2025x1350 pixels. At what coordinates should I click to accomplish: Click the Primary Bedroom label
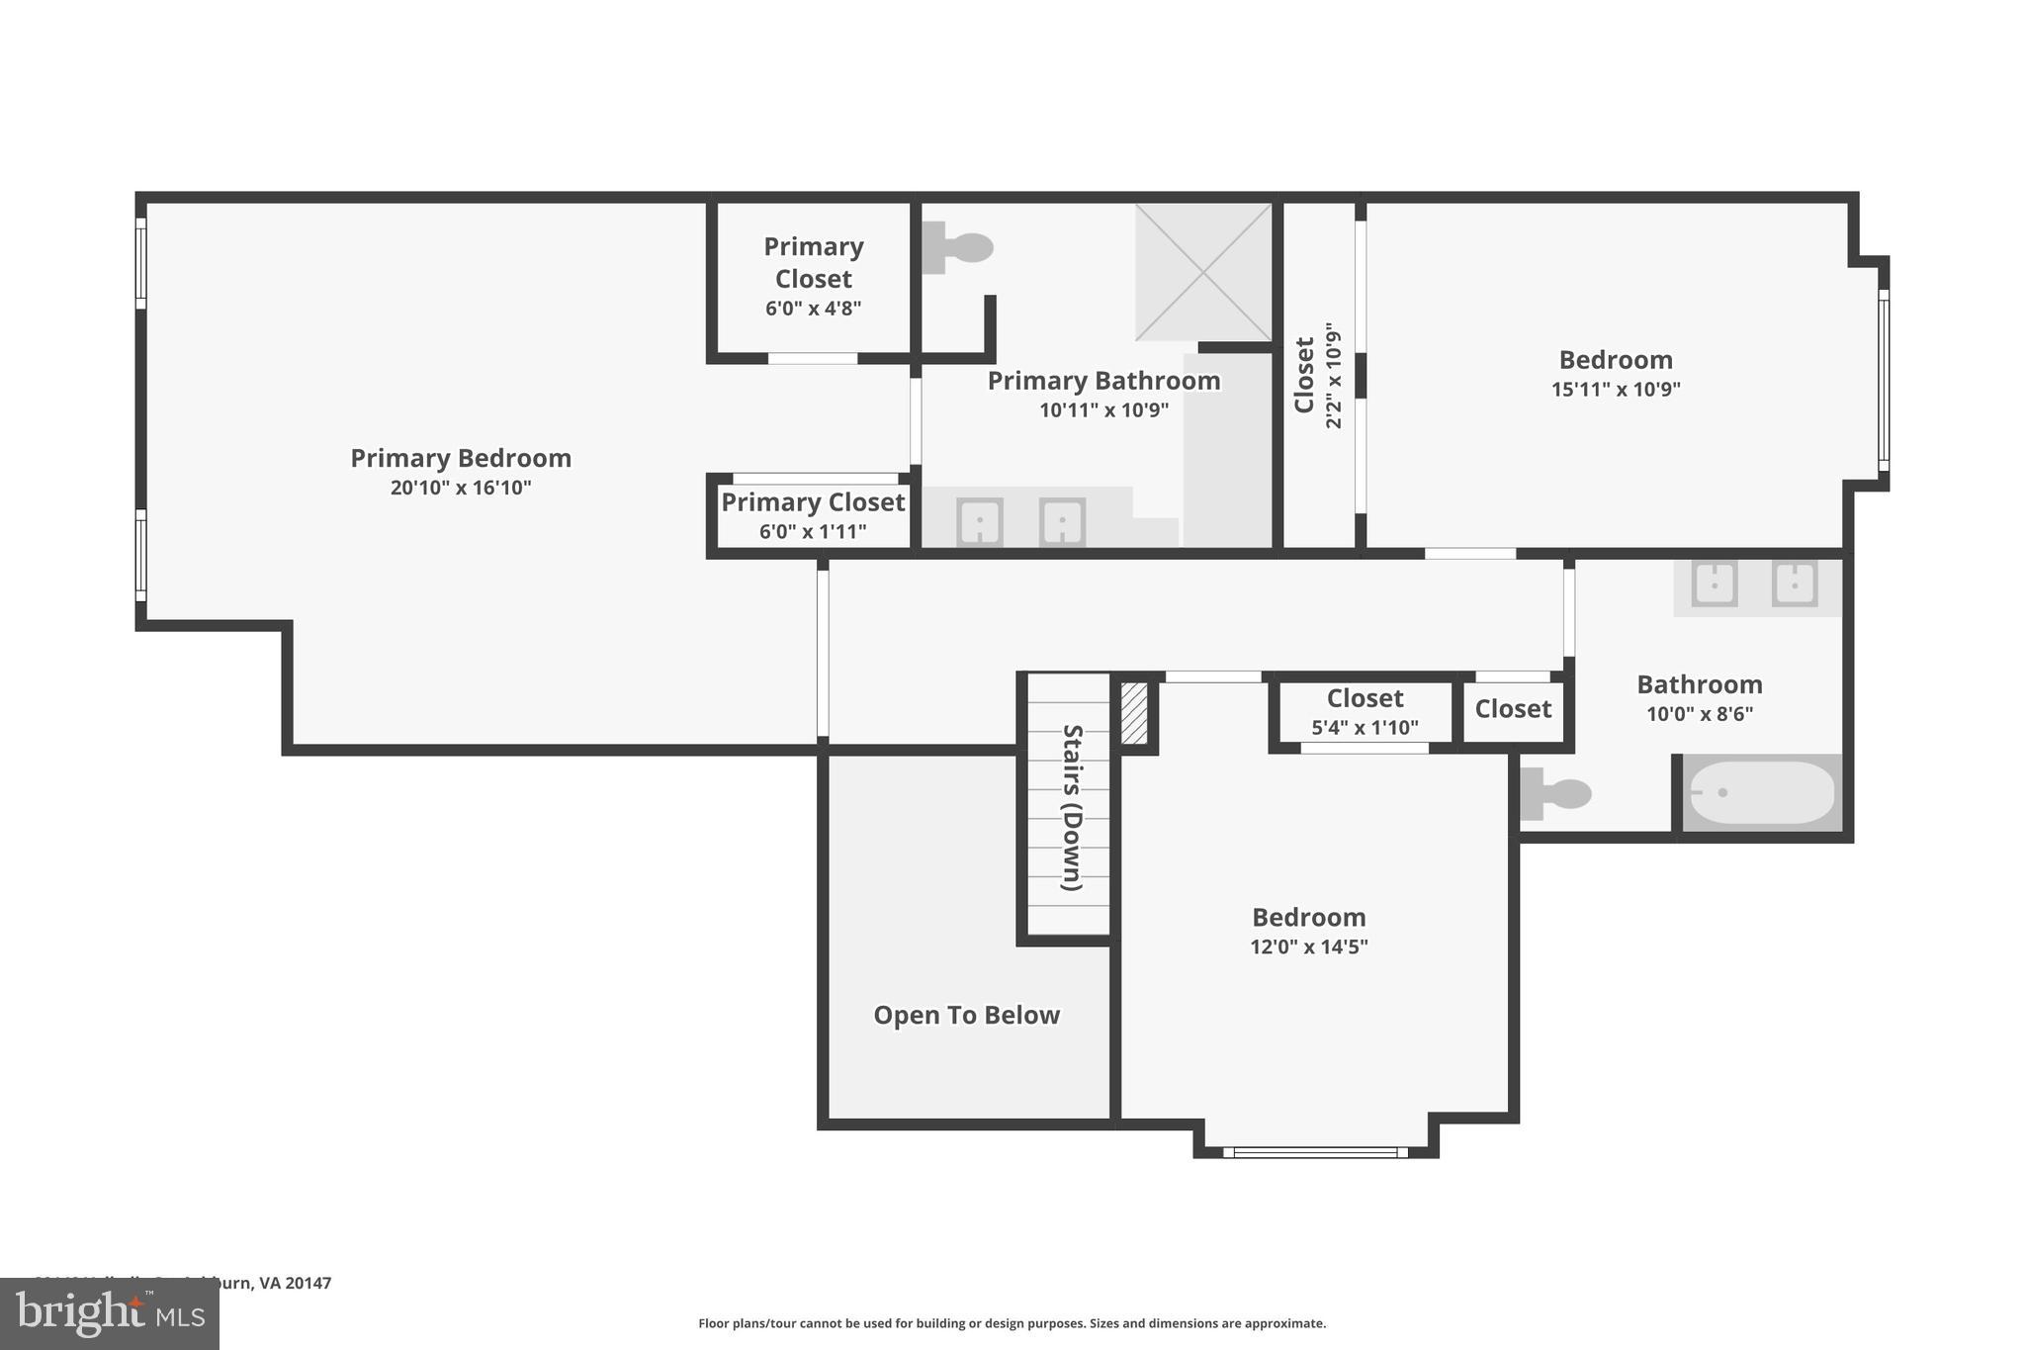pyautogui.click(x=461, y=459)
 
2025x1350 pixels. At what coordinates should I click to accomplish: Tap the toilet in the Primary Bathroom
pyautogui.click(x=957, y=247)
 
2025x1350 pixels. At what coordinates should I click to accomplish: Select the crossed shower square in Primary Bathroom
pyautogui.click(x=1203, y=272)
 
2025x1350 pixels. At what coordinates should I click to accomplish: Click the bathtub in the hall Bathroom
pyautogui.click(x=1762, y=792)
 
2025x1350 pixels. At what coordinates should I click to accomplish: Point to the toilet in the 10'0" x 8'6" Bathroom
pyautogui.click(x=1556, y=793)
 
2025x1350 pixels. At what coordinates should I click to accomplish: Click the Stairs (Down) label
pyautogui.click(x=1072, y=807)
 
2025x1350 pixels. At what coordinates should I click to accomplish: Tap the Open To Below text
pyautogui.click(x=966, y=1016)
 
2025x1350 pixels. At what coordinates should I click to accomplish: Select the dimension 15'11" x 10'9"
pyautogui.click(x=1615, y=390)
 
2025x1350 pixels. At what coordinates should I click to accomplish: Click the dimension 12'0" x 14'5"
pyautogui.click(x=1308, y=946)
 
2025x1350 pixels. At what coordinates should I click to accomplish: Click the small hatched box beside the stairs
pyautogui.click(x=1134, y=714)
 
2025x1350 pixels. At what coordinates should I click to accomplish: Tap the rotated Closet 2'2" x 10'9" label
pyautogui.click(x=1317, y=375)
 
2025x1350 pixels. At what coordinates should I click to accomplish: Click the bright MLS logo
pyautogui.click(x=109, y=1313)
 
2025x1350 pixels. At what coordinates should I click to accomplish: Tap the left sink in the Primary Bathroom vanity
pyautogui.click(x=979, y=521)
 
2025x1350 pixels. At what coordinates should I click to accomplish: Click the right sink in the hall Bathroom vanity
pyautogui.click(x=1794, y=584)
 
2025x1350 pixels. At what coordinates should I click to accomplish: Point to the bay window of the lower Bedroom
pyautogui.click(x=1315, y=1152)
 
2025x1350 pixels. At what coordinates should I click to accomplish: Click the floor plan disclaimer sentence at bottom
pyautogui.click(x=1012, y=1323)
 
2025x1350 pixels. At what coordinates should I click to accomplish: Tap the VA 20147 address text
pyautogui.click(x=295, y=1283)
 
